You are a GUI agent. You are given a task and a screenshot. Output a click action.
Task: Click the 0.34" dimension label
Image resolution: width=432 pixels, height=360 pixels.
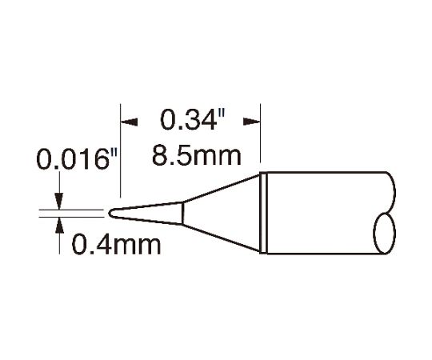point(193,120)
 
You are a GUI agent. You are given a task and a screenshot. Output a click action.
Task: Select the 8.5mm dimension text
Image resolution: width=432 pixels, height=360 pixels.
point(197,156)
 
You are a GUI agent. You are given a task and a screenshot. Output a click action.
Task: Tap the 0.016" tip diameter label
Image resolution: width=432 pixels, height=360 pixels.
point(77,159)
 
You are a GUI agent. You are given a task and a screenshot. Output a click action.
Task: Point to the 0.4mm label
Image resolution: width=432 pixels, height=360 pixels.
point(116,245)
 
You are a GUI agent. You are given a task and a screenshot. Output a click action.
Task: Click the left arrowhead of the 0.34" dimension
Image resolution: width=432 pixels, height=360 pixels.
point(129,122)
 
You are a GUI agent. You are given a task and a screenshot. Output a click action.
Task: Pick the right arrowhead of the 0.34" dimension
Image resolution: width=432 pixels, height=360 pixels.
point(252,122)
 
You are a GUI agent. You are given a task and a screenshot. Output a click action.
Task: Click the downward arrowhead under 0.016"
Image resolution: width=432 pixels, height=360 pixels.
point(59,201)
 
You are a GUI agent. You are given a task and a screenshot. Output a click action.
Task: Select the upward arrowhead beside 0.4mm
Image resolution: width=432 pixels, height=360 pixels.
point(59,226)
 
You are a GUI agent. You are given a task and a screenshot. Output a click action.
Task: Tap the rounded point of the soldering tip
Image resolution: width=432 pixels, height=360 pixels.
point(110,214)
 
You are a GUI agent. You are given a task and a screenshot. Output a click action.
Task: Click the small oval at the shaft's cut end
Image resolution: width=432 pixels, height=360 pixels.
point(384,234)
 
